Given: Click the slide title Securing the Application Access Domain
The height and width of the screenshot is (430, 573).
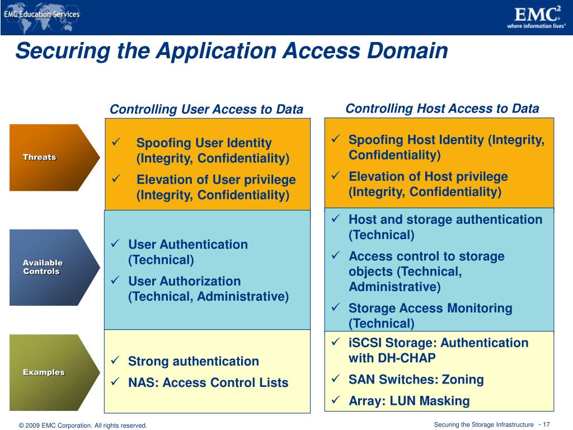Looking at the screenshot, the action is [232, 51].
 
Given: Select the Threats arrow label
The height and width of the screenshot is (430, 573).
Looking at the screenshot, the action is [39, 157].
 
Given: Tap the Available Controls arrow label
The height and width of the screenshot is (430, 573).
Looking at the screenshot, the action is [43, 267].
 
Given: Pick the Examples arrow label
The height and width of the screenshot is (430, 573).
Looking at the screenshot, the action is [44, 372].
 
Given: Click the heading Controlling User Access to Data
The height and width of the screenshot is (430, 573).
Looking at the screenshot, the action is [206, 109].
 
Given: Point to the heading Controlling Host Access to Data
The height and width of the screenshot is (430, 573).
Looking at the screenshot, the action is [442, 109].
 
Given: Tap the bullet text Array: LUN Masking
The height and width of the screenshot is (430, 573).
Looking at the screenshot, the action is [409, 401].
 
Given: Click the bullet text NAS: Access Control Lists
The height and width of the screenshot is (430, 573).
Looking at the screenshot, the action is [208, 383].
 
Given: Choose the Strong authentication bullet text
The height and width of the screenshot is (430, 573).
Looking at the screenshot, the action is [194, 362].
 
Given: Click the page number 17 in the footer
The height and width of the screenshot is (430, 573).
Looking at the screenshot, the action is [546, 425].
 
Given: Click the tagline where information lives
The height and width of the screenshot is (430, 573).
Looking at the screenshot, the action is [536, 26].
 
